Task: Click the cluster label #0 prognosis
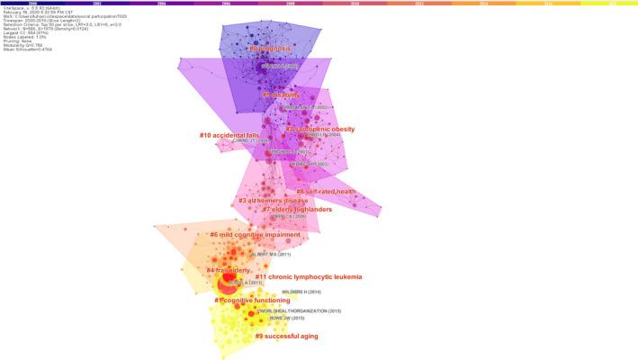click(x=257, y=48)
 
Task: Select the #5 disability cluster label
click(x=280, y=94)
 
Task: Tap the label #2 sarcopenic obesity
click(x=319, y=130)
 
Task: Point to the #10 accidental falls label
click(x=229, y=135)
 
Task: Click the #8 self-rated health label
click(x=326, y=192)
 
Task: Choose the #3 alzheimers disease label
click(x=273, y=201)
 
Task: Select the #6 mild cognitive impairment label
click(x=255, y=235)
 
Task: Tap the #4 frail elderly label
click(x=228, y=270)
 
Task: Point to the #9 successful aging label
click(x=285, y=336)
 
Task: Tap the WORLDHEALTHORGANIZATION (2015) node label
click(x=300, y=311)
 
